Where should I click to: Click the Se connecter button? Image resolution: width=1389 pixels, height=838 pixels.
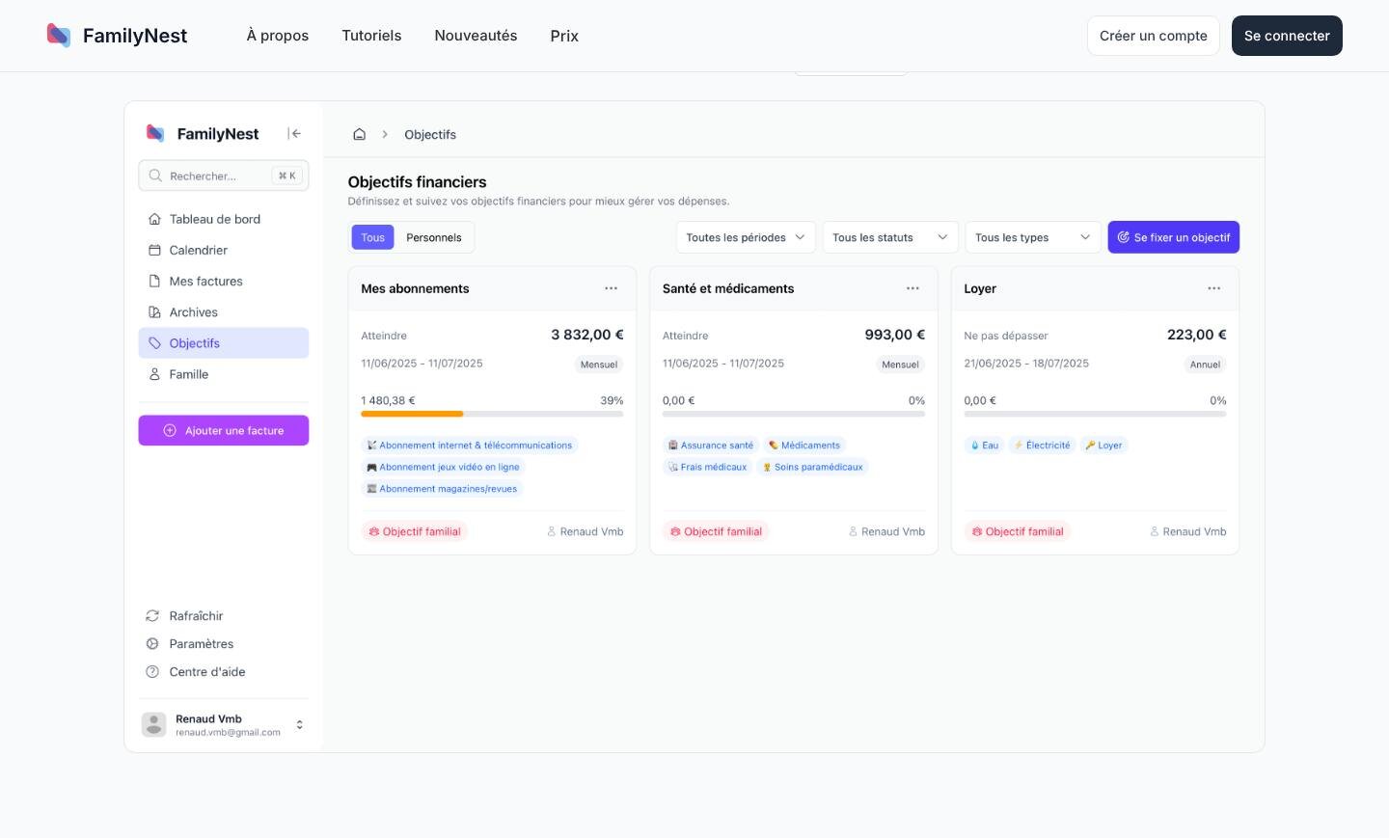[x=1287, y=36]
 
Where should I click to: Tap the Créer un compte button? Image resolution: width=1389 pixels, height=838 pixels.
[x=1154, y=36]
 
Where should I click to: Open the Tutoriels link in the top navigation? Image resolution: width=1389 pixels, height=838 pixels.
[x=371, y=36]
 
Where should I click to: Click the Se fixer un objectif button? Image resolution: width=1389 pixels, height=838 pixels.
[x=1173, y=237]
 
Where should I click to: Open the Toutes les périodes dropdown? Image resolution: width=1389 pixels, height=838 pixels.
[x=746, y=237]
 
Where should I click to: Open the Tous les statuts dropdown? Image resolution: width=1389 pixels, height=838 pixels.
[x=889, y=237]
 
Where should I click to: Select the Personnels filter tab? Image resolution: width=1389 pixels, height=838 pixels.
[x=433, y=237]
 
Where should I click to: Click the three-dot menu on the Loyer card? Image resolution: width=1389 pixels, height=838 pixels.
[x=1213, y=288]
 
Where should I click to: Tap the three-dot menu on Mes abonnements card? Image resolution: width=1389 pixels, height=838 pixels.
[x=611, y=288]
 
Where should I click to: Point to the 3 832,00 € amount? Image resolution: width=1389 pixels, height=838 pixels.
[x=587, y=335]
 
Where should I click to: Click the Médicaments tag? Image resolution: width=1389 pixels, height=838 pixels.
[x=804, y=445]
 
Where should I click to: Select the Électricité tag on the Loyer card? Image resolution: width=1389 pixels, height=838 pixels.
[x=1043, y=445]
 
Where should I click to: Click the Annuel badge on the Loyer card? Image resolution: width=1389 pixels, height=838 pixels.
[x=1205, y=365]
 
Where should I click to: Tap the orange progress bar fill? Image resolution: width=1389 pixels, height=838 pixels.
[x=412, y=414]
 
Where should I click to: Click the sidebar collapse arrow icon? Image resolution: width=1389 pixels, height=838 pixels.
[x=294, y=133]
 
